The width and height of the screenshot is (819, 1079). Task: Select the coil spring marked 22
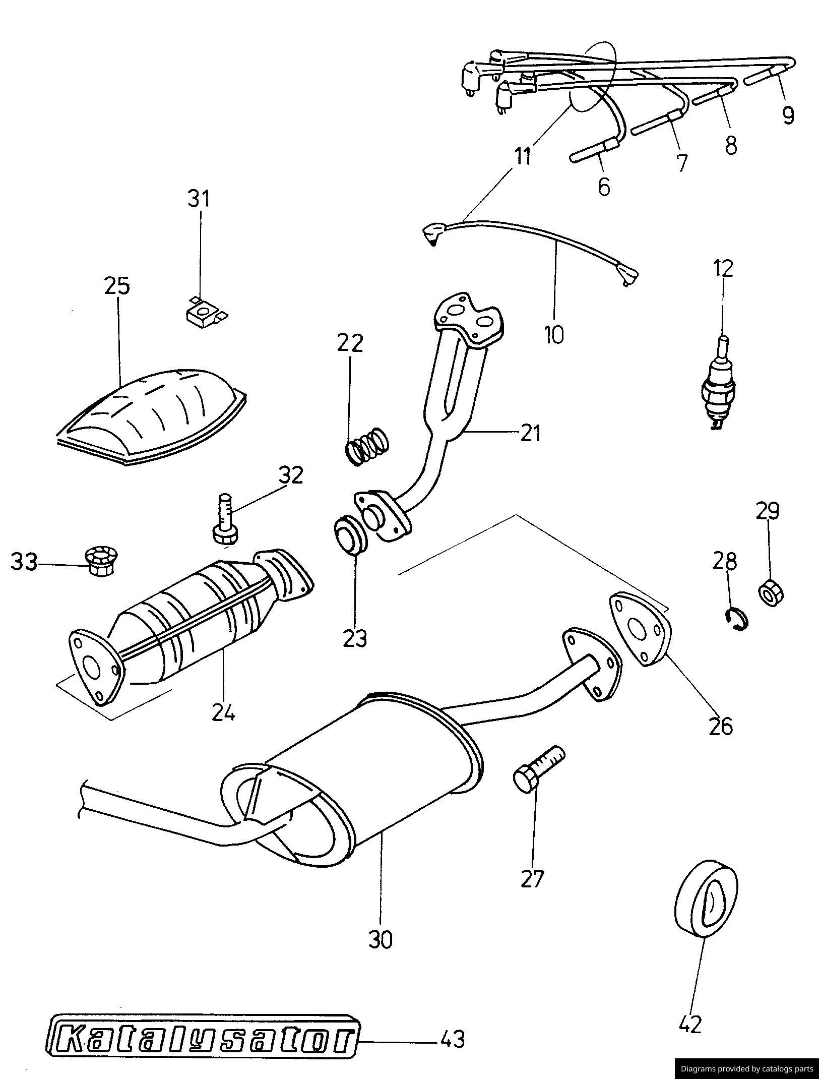coord(368,446)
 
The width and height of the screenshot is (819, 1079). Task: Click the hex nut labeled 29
coord(771,593)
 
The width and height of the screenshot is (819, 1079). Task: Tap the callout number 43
coord(452,1039)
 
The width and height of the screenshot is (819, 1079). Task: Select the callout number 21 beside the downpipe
coord(530,433)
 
